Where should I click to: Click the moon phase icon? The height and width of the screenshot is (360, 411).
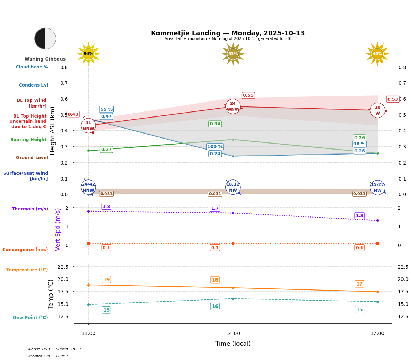pyautogui.click(x=45, y=38)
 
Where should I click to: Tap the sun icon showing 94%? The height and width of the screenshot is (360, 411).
pyautogui.click(x=88, y=54)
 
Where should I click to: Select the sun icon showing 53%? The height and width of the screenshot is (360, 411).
pyautogui.click(x=233, y=54)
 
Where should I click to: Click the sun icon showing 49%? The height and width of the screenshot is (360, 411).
pyautogui.click(x=377, y=54)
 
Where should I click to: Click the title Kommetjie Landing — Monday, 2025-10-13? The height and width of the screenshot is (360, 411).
pyautogui.click(x=228, y=33)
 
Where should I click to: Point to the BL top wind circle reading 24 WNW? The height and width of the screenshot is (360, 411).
pyautogui.click(x=233, y=106)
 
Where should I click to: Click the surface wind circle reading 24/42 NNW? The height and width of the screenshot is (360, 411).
pyautogui.click(x=88, y=187)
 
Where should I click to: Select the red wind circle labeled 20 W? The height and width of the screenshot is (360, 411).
pyautogui.click(x=378, y=110)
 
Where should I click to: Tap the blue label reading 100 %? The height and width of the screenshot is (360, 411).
pyautogui.click(x=215, y=147)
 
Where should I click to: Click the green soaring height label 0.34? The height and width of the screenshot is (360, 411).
pyautogui.click(x=215, y=124)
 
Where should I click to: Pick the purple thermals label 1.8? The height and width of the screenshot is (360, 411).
pyautogui.click(x=106, y=207)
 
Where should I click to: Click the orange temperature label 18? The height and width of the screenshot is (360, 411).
pyautogui.click(x=215, y=280)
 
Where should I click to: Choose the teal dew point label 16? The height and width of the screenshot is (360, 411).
pyautogui.click(x=215, y=306)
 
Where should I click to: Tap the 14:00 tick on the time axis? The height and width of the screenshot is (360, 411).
pyautogui.click(x=233, y=334)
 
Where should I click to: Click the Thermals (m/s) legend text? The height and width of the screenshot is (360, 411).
pyautogui.click(x=30, y=209)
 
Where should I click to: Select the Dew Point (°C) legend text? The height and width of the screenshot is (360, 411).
pyautogui.click(x=30, y=318)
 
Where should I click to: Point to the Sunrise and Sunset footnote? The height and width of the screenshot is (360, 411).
pyautogui.click(x=54, y=349)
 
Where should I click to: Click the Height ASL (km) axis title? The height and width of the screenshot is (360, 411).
pyautogui.click(x=53, y=131)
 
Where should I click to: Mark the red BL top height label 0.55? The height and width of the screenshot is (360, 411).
pyautogui.click(x=248, y=95)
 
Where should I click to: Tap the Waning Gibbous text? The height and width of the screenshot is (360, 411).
pyautogui.click(x=45, y=59)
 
